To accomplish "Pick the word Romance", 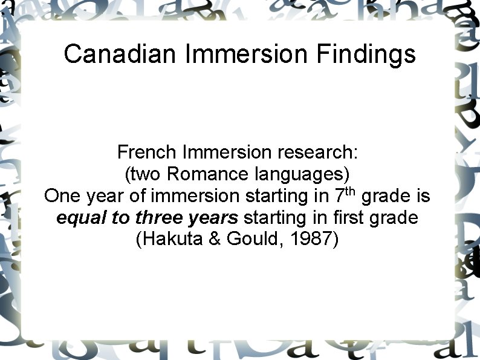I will tap(201, 174).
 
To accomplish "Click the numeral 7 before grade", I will tap(339, 196).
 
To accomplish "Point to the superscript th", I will tap(351, 192).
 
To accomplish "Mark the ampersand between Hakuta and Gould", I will tap(216, 239).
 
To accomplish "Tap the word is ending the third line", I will tap(423, 196).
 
